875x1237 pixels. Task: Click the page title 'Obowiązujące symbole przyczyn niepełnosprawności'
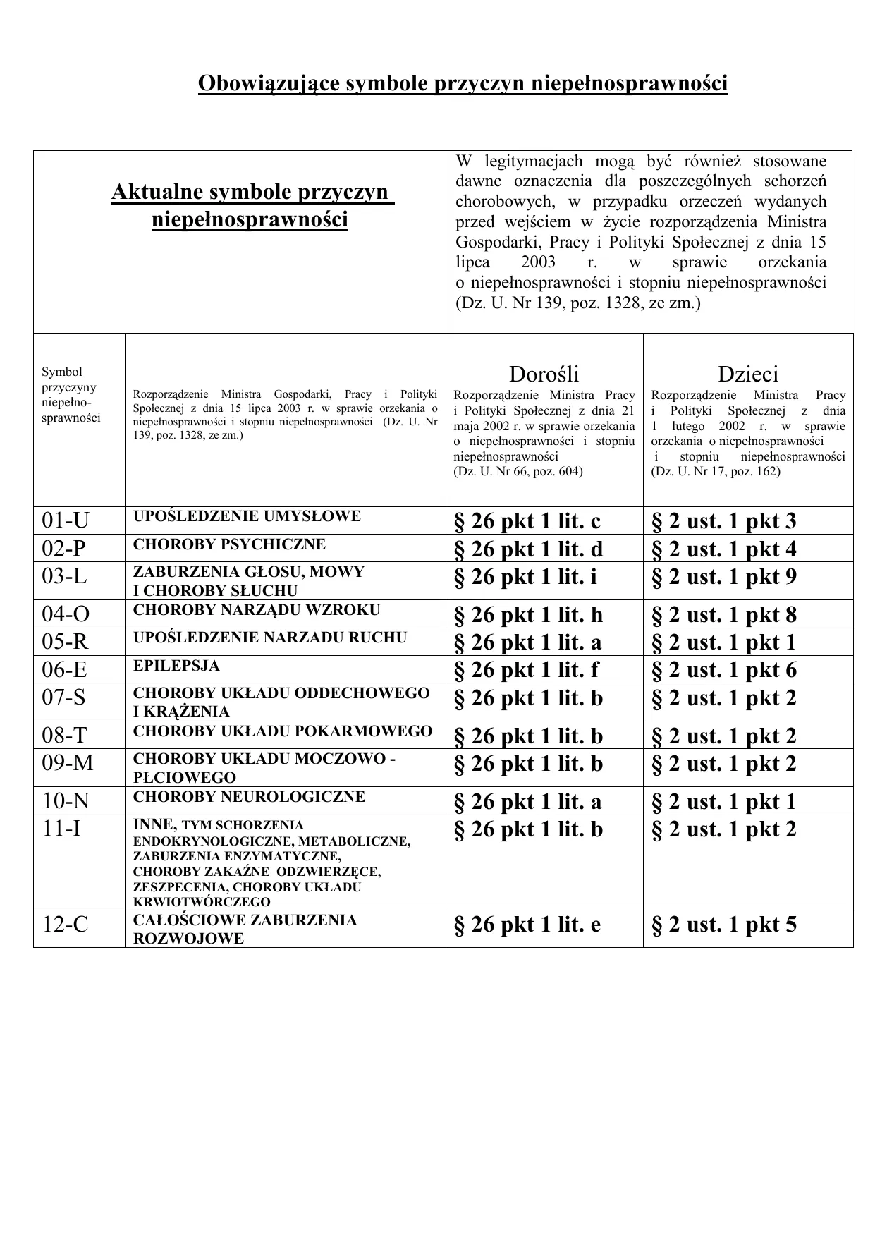463,83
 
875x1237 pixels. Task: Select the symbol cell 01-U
66,520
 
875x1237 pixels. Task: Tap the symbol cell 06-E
66,669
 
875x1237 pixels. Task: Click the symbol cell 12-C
66,924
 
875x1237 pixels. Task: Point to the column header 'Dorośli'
544,374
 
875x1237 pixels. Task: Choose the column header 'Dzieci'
747,374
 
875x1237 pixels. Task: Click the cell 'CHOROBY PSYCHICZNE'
229,544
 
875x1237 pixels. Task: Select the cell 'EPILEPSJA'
176,666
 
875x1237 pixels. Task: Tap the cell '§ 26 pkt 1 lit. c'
527,521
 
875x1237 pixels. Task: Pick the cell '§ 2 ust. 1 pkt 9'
723,577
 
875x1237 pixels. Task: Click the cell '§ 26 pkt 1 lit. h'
528,615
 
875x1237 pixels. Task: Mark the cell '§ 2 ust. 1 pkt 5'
723,924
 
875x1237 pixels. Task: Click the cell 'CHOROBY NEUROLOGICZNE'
249,797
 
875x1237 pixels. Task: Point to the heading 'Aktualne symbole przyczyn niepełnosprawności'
251,205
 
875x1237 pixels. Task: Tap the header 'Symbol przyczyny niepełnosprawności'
71,395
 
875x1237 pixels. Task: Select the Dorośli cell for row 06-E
526,670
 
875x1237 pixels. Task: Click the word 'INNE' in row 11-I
153,824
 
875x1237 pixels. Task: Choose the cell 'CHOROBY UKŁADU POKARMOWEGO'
282,731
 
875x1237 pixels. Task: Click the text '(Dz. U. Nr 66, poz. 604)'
518,471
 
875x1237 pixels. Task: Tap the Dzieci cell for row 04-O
723,615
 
